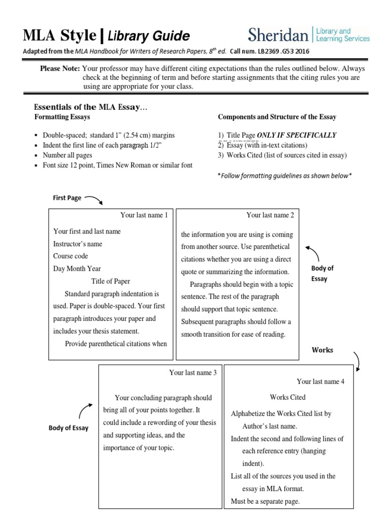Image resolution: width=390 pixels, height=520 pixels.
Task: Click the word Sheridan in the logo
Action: (x=278, y=35)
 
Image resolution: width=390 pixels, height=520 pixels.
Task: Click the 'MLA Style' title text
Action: (x=59, y=36)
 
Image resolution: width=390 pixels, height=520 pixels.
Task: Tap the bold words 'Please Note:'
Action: (x=60, y=69)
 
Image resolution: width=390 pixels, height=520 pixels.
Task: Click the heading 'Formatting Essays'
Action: (x=62, y=117)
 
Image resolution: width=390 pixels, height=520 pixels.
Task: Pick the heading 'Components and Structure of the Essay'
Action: (x=277, y=117)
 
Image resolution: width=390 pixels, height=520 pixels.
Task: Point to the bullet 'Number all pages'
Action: (x=68, y=155)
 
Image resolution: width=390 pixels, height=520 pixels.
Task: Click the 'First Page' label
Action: (x=67, y=198)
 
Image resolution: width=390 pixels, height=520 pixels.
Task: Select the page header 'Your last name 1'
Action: (x=144, y=215)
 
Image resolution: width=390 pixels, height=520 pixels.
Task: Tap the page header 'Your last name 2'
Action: (x=270, y=215)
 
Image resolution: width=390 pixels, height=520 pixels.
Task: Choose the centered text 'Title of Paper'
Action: (x=111, y=281)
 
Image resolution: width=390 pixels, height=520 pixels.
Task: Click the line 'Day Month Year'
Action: (x=77, y=269)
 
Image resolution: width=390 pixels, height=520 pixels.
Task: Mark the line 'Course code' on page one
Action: (x=71, y=256)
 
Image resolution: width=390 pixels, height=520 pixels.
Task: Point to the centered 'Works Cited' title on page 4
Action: (x=287, y=397)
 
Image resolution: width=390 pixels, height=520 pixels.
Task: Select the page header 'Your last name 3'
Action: (x=193, y=373)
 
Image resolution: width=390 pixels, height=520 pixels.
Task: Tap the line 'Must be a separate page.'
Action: (x=265, y=501)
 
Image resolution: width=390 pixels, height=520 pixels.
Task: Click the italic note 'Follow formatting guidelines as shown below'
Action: (x=284, y=176)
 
